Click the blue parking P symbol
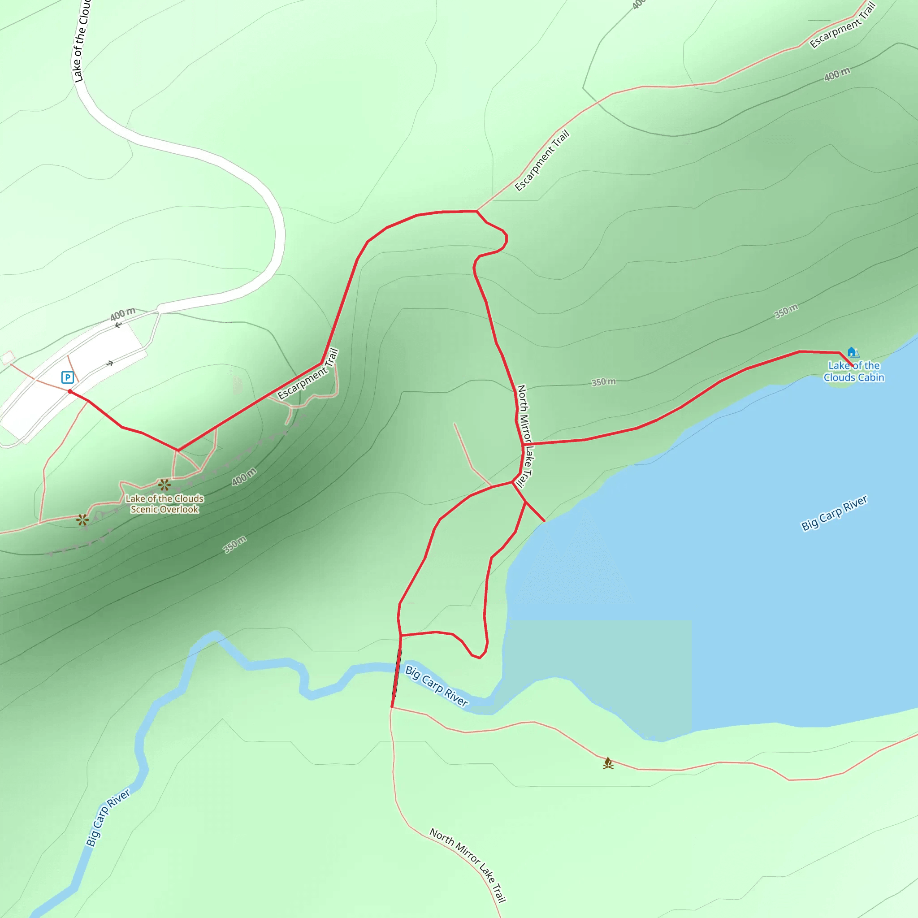point(68,377)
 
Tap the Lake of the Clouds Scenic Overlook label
point(165,504)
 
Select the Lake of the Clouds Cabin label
point(854,371)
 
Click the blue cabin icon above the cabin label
point(852,351)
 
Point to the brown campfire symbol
point(608,763)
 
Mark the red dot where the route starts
point(70,391)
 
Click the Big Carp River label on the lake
point(834,513)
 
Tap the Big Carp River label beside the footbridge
point(436,686)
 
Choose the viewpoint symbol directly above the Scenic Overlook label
point(165,485)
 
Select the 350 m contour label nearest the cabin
point(786,311)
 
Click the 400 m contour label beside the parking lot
point(122,314)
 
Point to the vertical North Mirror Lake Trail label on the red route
point(524,436)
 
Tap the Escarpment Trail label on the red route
point(308,374)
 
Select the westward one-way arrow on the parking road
point(118,325)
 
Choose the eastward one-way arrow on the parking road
point(110,364)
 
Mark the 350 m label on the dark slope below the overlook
point(235,545)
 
